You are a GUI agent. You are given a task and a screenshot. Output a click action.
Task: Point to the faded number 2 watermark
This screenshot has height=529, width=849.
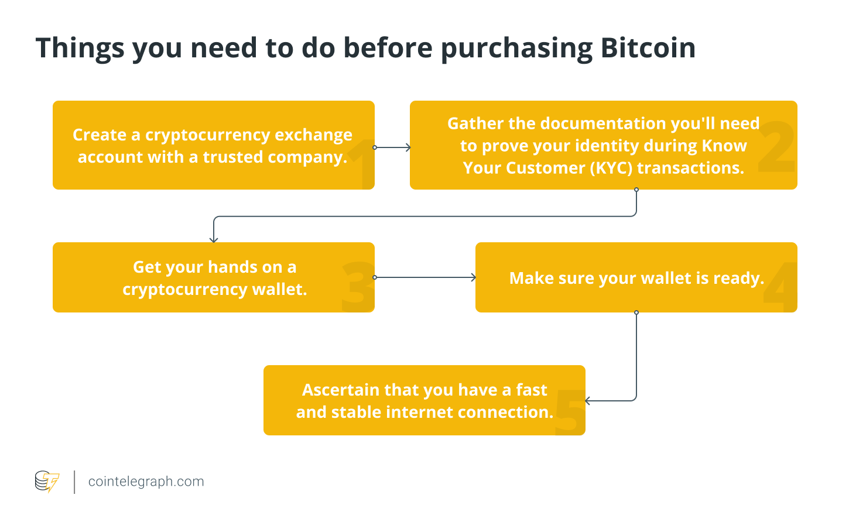coord(776,147)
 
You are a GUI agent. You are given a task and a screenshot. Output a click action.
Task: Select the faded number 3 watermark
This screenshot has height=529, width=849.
coord(357,286)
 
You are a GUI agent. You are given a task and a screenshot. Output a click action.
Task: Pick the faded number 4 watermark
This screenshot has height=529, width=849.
coord(780,287)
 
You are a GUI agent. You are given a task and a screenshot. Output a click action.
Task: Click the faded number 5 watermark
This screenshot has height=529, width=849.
coord(570,412)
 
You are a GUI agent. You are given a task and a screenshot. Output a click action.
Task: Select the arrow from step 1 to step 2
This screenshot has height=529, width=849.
coord(392,147)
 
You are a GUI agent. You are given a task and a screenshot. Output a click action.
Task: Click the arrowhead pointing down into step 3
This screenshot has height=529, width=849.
coord(214,239)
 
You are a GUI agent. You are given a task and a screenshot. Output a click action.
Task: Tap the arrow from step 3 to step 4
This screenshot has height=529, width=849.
coord(424,277)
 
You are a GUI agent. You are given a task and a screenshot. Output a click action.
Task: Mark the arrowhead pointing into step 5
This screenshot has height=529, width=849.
coord(588,401)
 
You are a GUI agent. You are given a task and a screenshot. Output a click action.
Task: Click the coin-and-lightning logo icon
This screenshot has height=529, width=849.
coord(47,482)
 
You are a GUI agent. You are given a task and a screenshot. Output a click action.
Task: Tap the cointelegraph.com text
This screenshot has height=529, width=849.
coord(146,482)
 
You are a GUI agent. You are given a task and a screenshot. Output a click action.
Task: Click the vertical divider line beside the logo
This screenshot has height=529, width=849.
coord(74,482)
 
